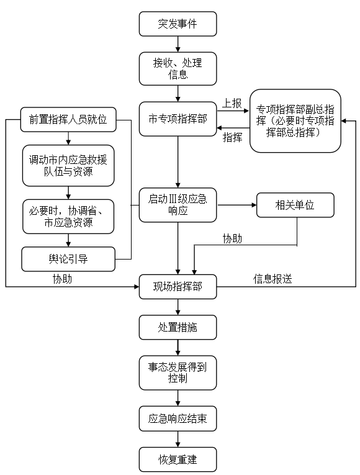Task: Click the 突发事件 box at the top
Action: [178, 25]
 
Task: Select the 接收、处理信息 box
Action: [178, 68]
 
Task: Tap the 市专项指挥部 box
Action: [178, 119]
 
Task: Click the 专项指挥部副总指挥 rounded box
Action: [295, 120]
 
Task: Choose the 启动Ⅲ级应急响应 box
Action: [178, 205]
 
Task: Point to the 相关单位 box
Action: [295, 205]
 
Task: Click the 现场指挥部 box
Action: [178, 287]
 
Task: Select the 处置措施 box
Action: [178, 327]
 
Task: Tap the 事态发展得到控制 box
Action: [178, 372]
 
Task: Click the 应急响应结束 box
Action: [178, 419]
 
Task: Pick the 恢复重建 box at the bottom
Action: [178, 460]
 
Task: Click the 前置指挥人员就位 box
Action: [68, 119]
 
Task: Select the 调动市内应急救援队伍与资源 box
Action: [68, 166]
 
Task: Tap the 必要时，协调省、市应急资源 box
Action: [68, 216]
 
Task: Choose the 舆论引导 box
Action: [68, 259]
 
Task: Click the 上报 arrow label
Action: [232, 104]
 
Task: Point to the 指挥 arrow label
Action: [232, 137]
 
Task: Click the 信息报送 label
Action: [272, 279]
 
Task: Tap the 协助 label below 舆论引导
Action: [62, 279]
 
